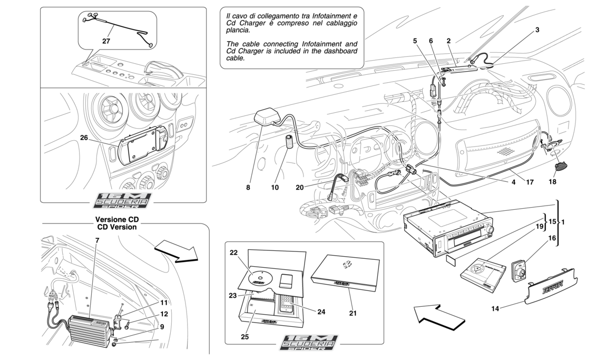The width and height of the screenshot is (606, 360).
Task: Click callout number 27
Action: coord(106,41)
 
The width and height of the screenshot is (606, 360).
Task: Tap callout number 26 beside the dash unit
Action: coord(84,137)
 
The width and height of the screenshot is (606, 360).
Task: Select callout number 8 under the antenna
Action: coord(248,188)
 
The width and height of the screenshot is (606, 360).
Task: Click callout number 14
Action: coord(495,308)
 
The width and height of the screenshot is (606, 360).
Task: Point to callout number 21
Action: coord(353,313)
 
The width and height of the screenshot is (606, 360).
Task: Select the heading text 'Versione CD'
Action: coord(117,219)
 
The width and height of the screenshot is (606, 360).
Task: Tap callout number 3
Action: coord(537,30)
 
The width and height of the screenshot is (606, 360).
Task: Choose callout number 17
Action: coord(530,182)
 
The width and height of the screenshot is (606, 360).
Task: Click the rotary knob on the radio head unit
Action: coord(491,230)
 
